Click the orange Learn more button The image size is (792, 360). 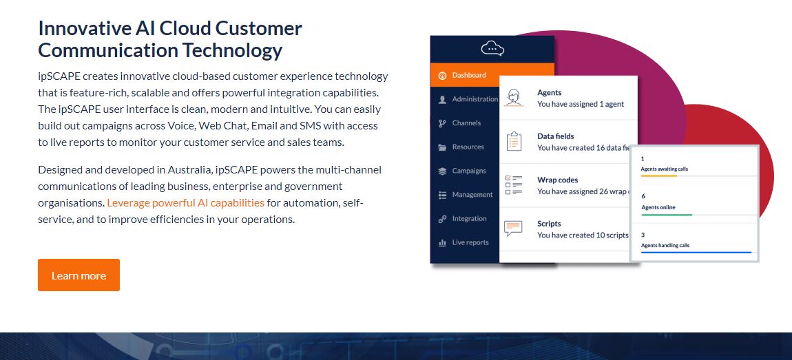79,275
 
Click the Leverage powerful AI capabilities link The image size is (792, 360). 185,202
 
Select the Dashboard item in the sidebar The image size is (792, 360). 468,75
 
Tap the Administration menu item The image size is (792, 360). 475,99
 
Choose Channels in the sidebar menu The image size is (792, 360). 466,123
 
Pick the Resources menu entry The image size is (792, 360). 468,147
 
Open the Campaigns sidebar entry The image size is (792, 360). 468,171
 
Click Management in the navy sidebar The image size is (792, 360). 472,195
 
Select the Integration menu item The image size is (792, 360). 469,219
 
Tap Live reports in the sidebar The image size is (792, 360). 470,242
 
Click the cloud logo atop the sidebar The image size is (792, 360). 492,48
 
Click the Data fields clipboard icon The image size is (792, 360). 514,142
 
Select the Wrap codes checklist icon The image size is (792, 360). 514,185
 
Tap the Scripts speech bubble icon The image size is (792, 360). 514,229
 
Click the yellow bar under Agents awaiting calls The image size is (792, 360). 659,176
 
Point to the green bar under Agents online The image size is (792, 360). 666,215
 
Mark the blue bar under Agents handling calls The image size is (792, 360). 696,253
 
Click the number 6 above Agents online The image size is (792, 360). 643,196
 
